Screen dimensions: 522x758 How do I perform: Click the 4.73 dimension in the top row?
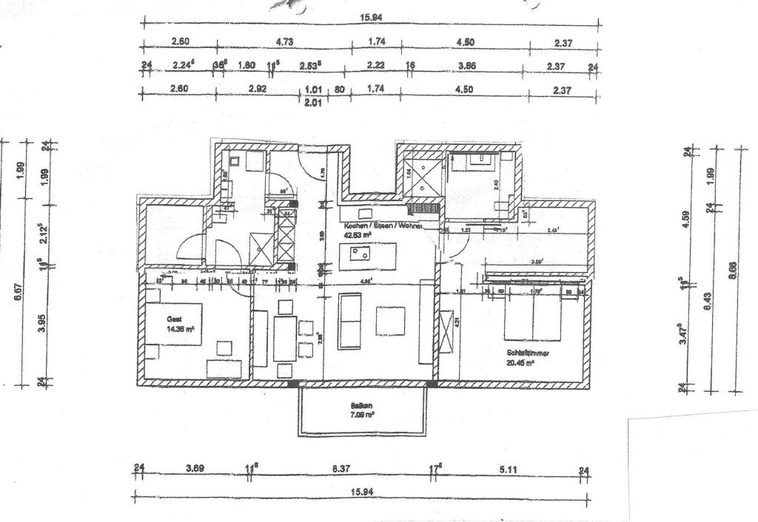pyautogui.click(x=284, y=42)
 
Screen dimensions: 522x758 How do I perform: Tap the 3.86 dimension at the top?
pyautogui.click(x=466, y=66)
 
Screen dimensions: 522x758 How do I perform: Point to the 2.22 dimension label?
pyautogui.click(x=377, y=66)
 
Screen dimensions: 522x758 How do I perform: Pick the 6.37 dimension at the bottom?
pyautogui.click(x=341, y=468)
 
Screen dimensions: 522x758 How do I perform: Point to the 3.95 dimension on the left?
pyautogui.click(x=42, y=323)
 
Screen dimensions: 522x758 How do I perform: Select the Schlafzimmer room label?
pyautogui.click(x=529, y=353)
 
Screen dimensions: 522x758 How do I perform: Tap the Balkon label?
pyautogui.click(x=362, y=406)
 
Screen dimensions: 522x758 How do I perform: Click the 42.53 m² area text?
pyautogui.click(x=357, y=236)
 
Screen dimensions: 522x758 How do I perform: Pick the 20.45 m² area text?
pyautogui.click(x=521, y=363)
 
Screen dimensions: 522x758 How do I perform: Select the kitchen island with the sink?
pyautogui.click(x=367, y=257)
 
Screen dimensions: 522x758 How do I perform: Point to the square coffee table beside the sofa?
pyautogui.click(x=390, y=321)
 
